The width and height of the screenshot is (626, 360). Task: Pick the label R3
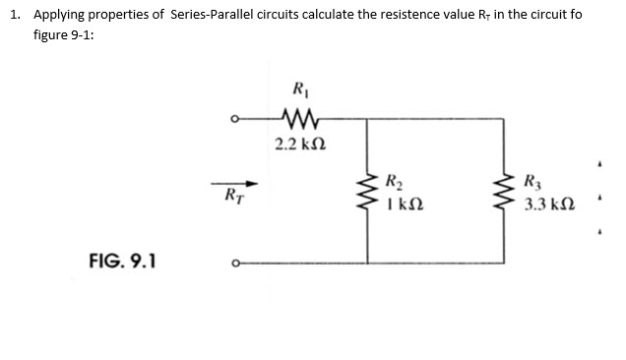pyautogui.click(x=533, y=181)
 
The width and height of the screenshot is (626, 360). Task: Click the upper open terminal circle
pyautogui.click(x=232, y=123)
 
